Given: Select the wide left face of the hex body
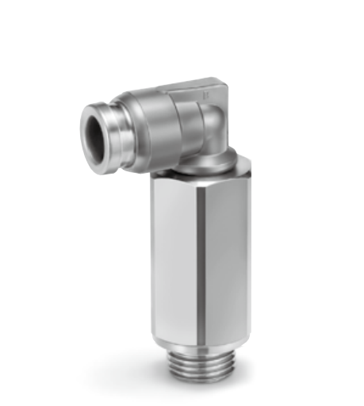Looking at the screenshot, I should (176, 254).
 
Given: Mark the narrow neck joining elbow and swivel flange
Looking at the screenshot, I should (208, 155).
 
